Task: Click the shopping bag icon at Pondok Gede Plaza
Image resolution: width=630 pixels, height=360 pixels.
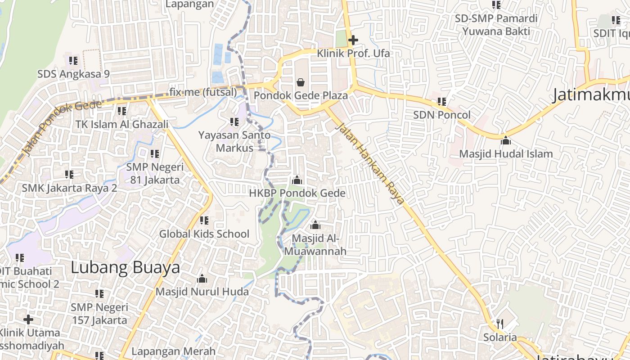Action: tap(300, 82)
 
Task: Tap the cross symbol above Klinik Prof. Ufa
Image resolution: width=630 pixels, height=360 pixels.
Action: tap(353, 40)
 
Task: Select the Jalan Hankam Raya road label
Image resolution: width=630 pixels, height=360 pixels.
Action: tap(369, 163)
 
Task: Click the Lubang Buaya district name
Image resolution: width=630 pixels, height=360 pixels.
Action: tap(125, 268)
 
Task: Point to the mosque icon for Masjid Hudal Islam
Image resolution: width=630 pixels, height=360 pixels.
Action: tap(506, 140)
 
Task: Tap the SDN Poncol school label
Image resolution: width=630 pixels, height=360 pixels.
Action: tap(441, 115)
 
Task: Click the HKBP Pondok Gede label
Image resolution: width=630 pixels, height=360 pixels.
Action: tap(297, 193)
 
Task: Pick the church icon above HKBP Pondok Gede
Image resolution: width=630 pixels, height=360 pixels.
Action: tap(297, 180)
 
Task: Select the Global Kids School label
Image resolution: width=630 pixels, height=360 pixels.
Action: tap(204, 234)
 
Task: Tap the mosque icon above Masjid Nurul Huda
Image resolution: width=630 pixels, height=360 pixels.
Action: tap(202, 279)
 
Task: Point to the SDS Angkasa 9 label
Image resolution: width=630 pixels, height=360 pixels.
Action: tap(73, 73)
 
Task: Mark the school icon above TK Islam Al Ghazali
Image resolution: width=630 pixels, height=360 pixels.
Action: tap(121, 111)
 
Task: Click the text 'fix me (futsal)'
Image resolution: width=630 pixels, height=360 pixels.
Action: tap(203, 92)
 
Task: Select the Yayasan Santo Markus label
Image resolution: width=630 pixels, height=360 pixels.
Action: tap(234, 141)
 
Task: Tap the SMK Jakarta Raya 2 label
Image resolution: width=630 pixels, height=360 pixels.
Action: tap(69, 188)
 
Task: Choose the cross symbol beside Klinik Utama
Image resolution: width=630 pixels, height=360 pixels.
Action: tap(28, 319)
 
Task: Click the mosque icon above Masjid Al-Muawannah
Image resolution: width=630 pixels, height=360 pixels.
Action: tap(315, 225)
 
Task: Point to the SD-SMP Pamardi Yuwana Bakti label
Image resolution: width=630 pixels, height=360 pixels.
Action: tap(496, 25)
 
